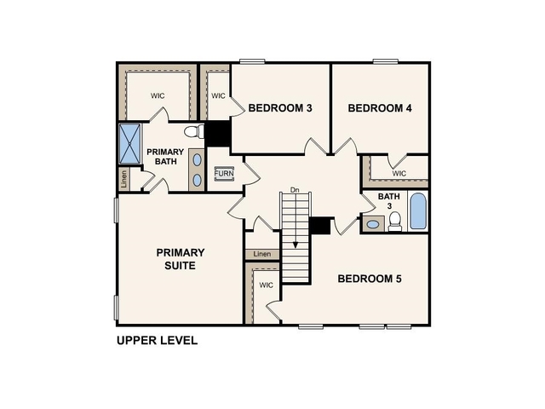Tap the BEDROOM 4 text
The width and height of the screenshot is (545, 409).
380,108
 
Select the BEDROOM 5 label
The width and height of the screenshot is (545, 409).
370,279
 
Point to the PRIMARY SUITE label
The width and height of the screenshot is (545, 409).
180,259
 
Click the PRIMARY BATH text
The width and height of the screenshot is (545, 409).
164,157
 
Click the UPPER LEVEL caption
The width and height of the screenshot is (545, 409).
157,341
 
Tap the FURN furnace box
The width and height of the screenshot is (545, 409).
223,174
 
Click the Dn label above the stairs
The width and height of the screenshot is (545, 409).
295,189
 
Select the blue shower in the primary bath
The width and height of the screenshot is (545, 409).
129,142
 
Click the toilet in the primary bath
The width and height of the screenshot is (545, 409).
193,131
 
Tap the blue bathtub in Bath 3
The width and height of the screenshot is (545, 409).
417,211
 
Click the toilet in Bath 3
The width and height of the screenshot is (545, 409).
394,222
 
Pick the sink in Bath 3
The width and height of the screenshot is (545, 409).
373,224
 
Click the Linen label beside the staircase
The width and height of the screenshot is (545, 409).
262,254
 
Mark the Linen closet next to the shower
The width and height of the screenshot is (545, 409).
124,179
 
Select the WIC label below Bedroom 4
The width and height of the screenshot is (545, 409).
399,174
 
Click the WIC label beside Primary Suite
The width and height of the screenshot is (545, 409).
266,285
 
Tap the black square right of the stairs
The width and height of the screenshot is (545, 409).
320,225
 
